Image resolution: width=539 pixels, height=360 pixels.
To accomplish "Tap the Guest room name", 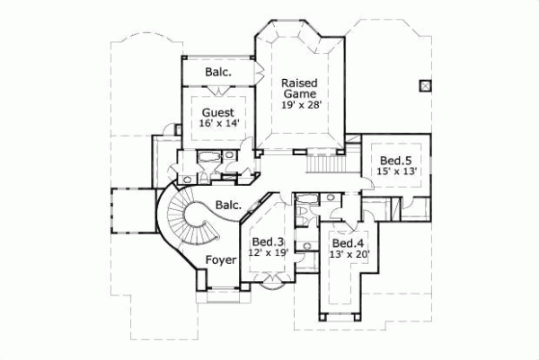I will [x=217, y=113].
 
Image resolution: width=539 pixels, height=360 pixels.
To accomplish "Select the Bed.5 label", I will [x=395, y=159].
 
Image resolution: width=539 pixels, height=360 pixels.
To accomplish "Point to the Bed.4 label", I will [x=347, y=242].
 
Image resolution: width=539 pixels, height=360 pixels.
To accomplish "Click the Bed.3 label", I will [x=268, y=241].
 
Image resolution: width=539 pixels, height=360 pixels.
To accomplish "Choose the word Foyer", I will [x=221, y=260].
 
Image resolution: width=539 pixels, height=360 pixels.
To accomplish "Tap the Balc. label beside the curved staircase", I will [x=228, y=205].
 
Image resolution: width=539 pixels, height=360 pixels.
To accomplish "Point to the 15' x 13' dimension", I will [x=395, y=171].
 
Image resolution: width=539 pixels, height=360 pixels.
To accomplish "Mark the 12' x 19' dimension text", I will [x=268, y=254].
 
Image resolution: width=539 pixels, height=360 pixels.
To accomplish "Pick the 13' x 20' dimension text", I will [x=348, y=255].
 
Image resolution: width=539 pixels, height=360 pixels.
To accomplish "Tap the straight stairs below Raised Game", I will [x=325, y=163].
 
